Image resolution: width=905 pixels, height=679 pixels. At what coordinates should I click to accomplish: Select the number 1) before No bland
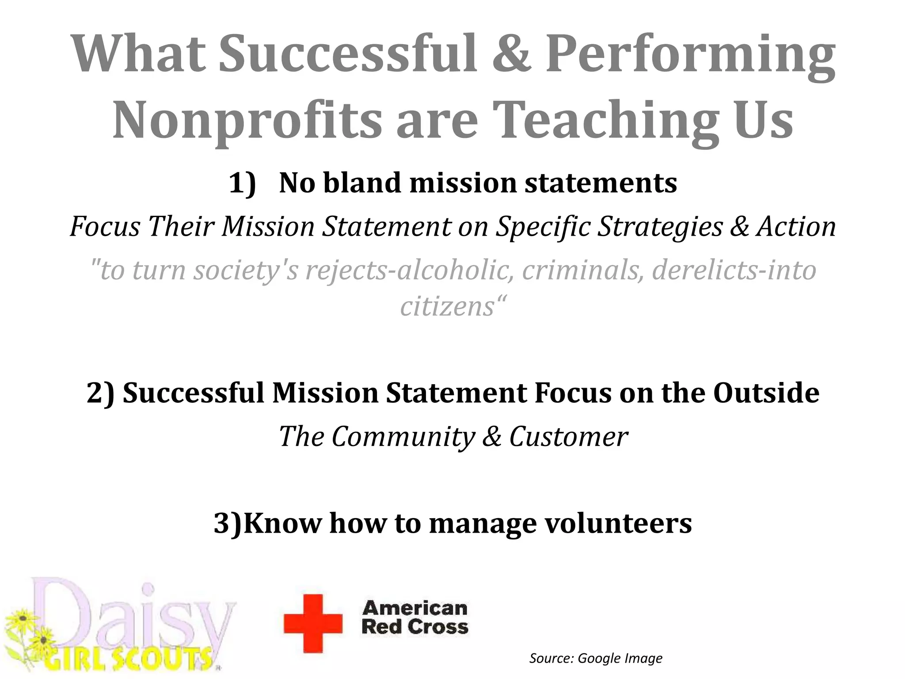tap(243, 183)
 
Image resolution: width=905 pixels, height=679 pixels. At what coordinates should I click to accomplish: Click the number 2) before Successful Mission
tap(100, 393)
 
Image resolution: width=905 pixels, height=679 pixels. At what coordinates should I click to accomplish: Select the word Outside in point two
tap(766, 393)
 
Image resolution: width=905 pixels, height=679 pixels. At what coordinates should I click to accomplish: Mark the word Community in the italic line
tap(403, 437)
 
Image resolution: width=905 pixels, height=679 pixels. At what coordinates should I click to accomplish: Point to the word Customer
tap(569, 437)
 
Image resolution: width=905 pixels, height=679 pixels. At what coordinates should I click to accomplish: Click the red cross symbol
tap(313, 623)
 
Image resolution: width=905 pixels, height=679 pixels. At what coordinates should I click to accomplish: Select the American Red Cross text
tap(414, 618)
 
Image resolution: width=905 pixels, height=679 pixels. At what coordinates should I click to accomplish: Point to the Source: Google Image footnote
tap(596, 658)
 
